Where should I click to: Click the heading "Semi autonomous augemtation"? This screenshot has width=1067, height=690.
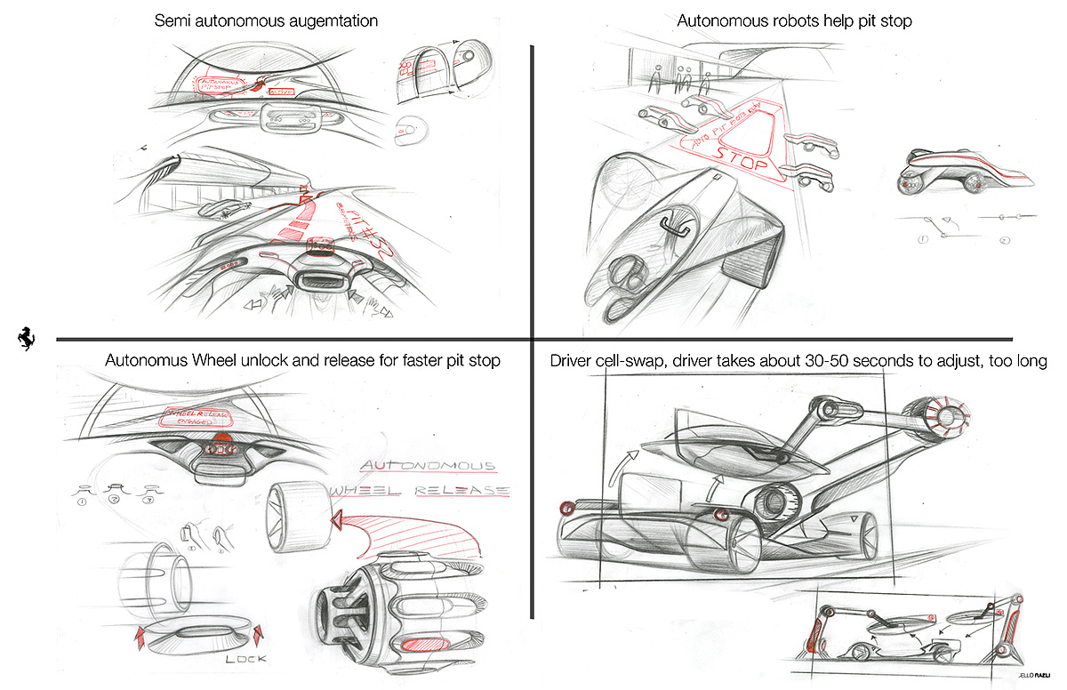click(x=266, y=20)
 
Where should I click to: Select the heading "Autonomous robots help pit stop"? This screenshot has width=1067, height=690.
click(x=795, y=20)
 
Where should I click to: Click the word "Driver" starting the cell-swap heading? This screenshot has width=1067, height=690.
click(x=574, y=361)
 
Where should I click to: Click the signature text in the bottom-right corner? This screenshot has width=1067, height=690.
click(x=1035, y=680)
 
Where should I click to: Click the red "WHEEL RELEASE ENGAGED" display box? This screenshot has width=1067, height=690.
click(x=193, y=418)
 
